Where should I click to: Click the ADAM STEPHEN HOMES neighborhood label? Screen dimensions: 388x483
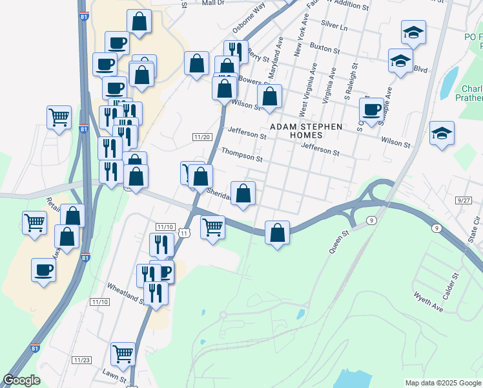click(306, 127)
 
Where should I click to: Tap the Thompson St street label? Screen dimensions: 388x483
click(241, 155)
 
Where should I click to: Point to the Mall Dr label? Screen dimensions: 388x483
click(212, 3)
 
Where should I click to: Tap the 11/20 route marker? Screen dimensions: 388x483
click(202, 136)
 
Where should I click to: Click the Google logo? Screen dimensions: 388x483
click(21, 380)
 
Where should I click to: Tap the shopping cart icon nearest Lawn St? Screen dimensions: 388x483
click(123, 353)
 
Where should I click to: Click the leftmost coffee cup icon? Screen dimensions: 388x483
click(43, 269)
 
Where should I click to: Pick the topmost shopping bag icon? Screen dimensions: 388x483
click(139, 21)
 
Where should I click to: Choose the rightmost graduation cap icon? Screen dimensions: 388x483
click(442, 133)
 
